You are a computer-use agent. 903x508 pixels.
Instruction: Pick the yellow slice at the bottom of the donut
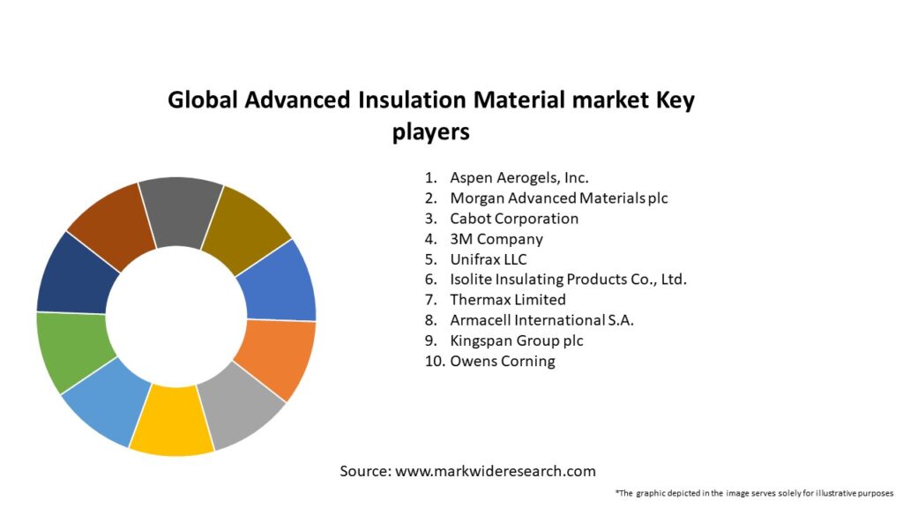click(x=172, y=421)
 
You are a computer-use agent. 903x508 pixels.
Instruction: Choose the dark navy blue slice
click(x=77, y=274)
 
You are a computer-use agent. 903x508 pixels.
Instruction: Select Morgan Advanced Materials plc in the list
click(x=558, y=198)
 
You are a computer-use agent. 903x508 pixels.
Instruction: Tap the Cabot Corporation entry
click(x=514, y=218)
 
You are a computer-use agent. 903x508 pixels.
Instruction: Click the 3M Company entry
click(x=496, y=239)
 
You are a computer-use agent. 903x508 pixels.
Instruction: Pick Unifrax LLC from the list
click(x=489, y=259)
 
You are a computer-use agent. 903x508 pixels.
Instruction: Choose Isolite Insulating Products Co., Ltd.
click(x=568, y=280)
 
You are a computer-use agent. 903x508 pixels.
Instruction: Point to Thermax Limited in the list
click(x=508, y=300)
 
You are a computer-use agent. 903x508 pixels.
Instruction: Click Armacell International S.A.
click(x=541, y=320)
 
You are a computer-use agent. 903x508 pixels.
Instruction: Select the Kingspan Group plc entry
click(x=517, y=340)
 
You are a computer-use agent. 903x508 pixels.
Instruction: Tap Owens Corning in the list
click(x=503, y=361)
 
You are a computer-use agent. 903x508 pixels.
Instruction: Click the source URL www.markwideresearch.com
click(x=496, y=471)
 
